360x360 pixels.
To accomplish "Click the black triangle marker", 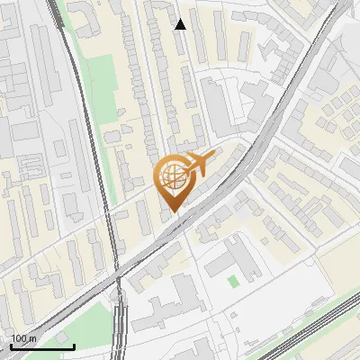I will click(180, 24).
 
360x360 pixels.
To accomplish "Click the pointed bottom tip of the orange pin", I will click(173, 212).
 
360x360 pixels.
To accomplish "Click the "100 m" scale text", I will click(24, 338).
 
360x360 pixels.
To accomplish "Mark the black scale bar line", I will click(42, 346).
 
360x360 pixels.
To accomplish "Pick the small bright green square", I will click(234, 282).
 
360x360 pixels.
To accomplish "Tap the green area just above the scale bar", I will click(67, 319).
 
